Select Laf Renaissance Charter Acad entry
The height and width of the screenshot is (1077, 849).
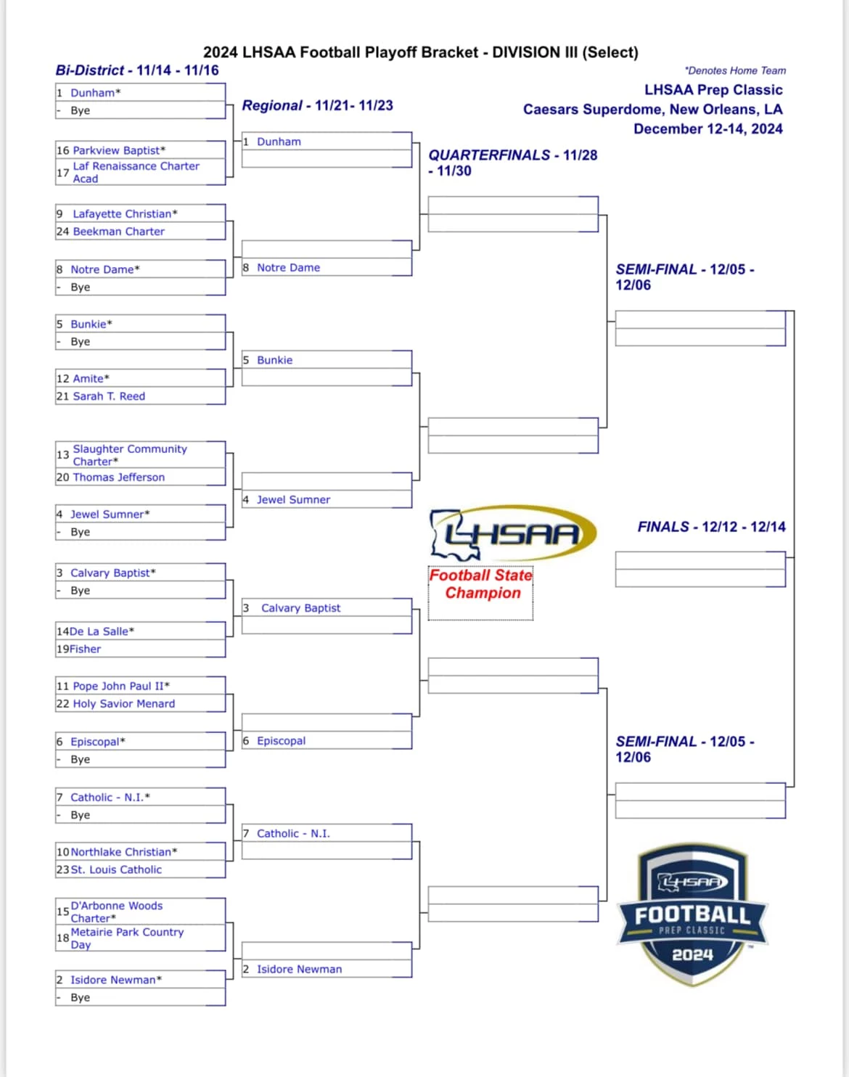pos(136,172)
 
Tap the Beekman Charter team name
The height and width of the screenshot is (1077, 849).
pos(118,232)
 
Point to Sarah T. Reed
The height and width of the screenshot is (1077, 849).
pos(109,396)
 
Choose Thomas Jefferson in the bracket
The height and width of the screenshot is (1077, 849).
pos(118,477)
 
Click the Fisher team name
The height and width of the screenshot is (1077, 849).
pos(85,649)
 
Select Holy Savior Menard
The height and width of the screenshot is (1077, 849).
pos(124,703)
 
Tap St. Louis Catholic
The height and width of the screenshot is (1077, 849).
pos(116,869)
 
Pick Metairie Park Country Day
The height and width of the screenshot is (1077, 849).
pos(127,938)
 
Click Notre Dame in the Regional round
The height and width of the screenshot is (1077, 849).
pos(288,267)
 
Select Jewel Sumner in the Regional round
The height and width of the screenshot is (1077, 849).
pos(293,499)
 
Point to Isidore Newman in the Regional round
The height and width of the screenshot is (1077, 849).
pos(300,969)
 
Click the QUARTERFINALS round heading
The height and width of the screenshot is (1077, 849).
pos(512,163)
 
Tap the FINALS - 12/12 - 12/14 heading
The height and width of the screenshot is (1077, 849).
pos(711,526)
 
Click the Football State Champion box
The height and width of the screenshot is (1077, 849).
pos(480,593)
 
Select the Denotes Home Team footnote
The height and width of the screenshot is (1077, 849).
pos(735,70)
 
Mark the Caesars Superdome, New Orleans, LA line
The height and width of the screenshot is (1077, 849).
pos(653,109)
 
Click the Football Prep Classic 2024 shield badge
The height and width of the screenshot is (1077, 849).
pos(692,915)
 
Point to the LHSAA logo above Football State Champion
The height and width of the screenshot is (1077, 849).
pos(513,533)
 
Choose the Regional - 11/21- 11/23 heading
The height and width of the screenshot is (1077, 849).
pos(317,105)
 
